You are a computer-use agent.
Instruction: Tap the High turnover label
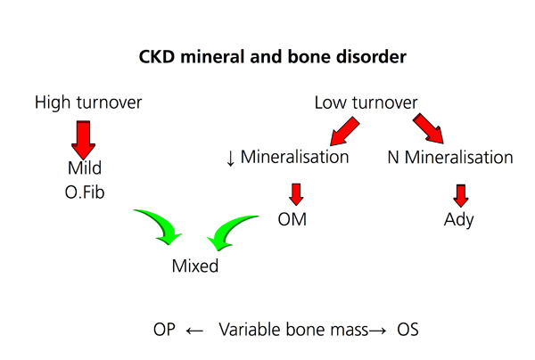88,102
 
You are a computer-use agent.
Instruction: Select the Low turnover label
366,102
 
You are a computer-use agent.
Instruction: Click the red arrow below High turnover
83,137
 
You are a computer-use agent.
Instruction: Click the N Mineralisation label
450,158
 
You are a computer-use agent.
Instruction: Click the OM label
292,220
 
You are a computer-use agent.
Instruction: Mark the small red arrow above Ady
460,194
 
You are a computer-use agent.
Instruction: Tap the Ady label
458,220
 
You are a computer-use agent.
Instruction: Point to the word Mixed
194,266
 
